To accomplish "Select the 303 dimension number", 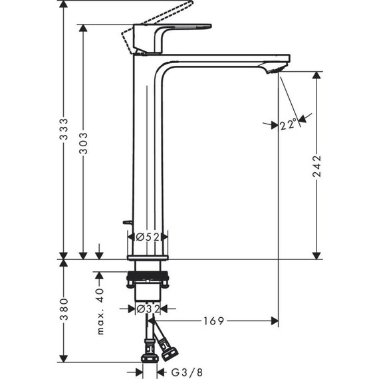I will [83, 143].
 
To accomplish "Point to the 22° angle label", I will [287, 124].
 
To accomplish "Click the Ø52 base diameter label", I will [147, 237].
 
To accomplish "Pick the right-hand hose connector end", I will [170, 348].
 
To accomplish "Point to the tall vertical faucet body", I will [148, 153].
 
